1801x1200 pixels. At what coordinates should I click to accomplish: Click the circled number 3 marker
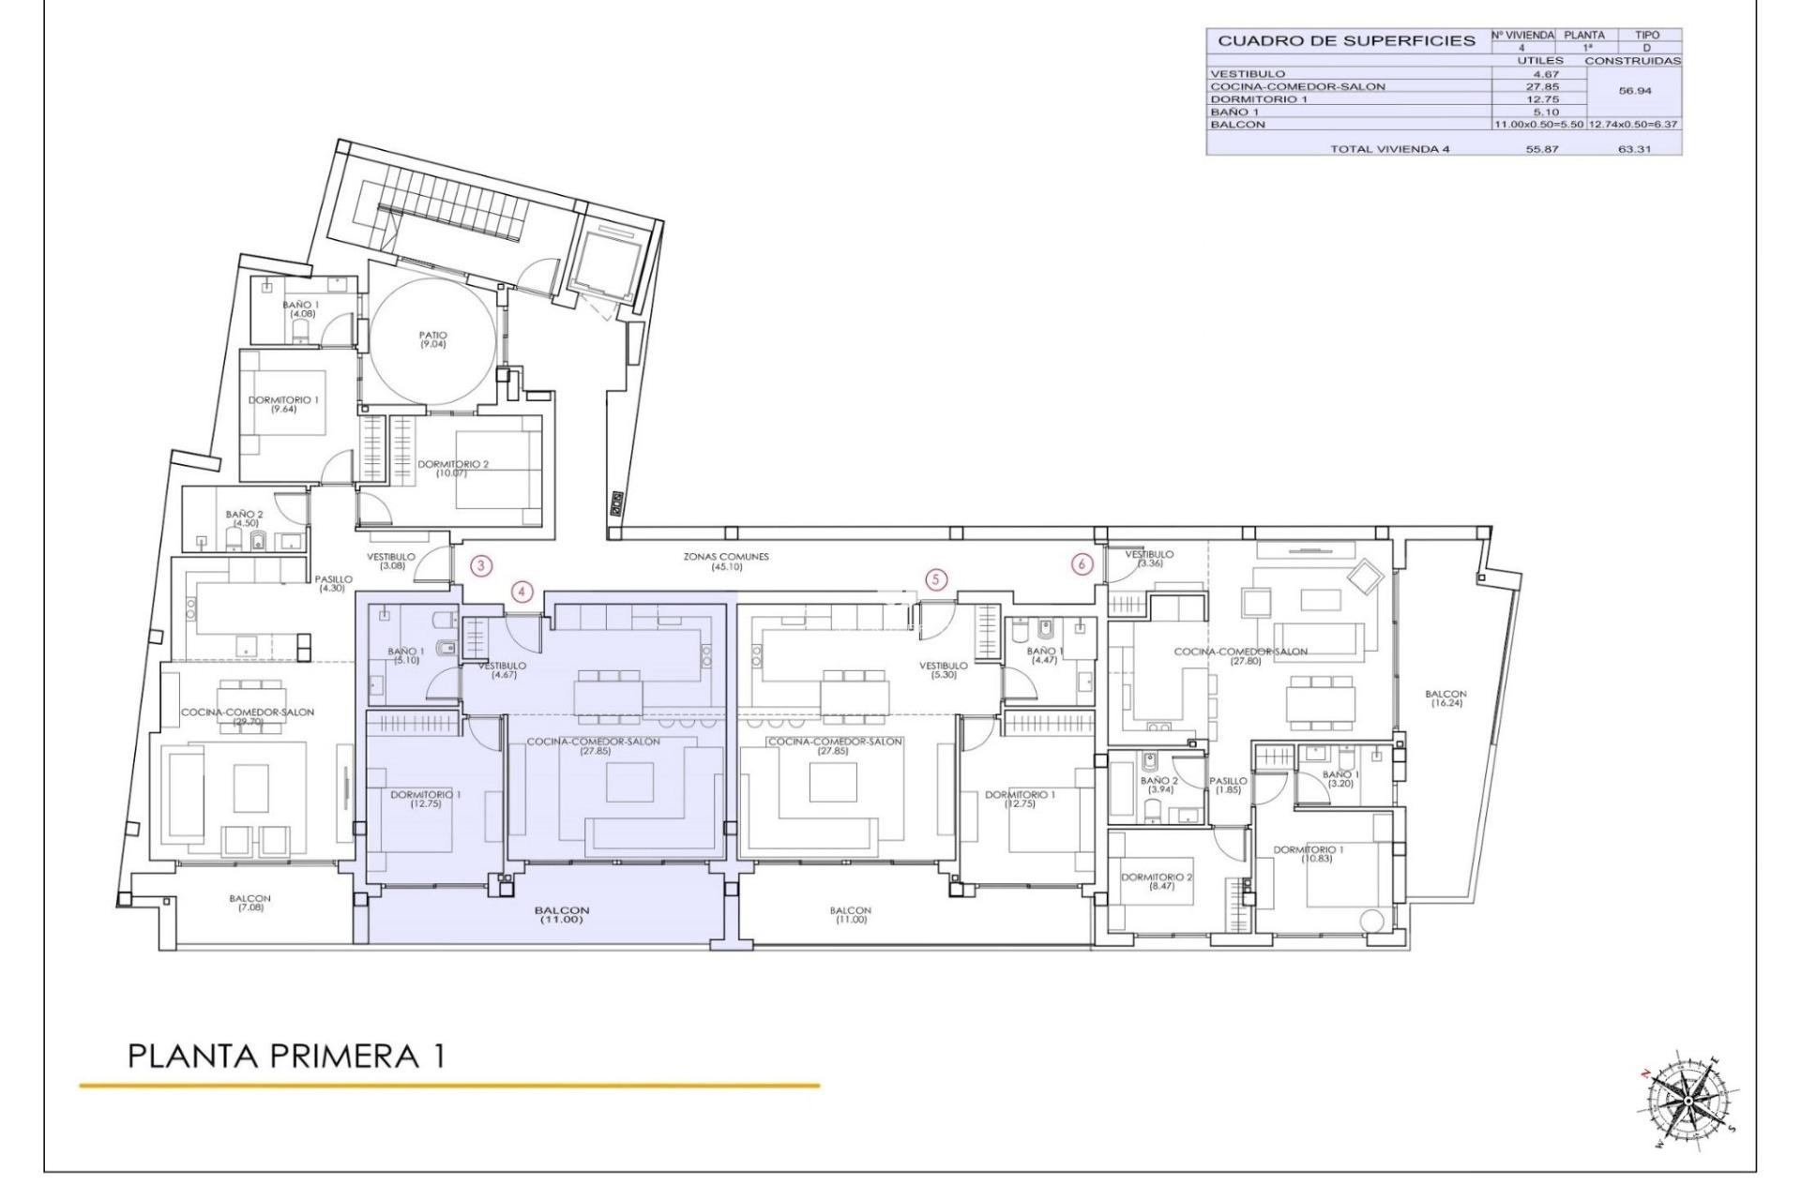click(481, 565)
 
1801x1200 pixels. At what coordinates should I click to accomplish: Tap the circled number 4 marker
click(522, 592)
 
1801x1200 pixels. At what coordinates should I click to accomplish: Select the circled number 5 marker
click(935, 579)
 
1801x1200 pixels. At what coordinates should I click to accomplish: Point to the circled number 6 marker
click(1082, 564)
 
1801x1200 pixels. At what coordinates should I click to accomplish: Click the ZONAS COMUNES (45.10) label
click(726, 562)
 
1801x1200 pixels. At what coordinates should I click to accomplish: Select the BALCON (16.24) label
click(1445, 698)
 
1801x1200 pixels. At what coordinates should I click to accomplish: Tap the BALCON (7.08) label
click(250, 903)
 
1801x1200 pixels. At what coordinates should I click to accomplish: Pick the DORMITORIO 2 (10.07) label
click(453, 469)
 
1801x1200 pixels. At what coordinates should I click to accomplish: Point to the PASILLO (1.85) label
click(1228, 785)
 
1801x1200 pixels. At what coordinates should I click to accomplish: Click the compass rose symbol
click(1687, 1099)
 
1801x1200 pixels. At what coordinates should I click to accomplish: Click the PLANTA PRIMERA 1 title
click(286, 1057)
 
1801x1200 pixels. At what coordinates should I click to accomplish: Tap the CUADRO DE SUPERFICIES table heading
click(1346, 41)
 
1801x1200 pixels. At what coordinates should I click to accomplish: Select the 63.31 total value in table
click(1634, 149)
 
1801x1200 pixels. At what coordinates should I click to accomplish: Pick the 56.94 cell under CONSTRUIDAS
click(1634, 92)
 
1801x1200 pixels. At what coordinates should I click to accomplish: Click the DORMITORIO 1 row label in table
click(1258, 98)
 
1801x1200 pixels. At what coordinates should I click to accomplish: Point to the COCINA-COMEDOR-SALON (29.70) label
click(248, 716)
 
